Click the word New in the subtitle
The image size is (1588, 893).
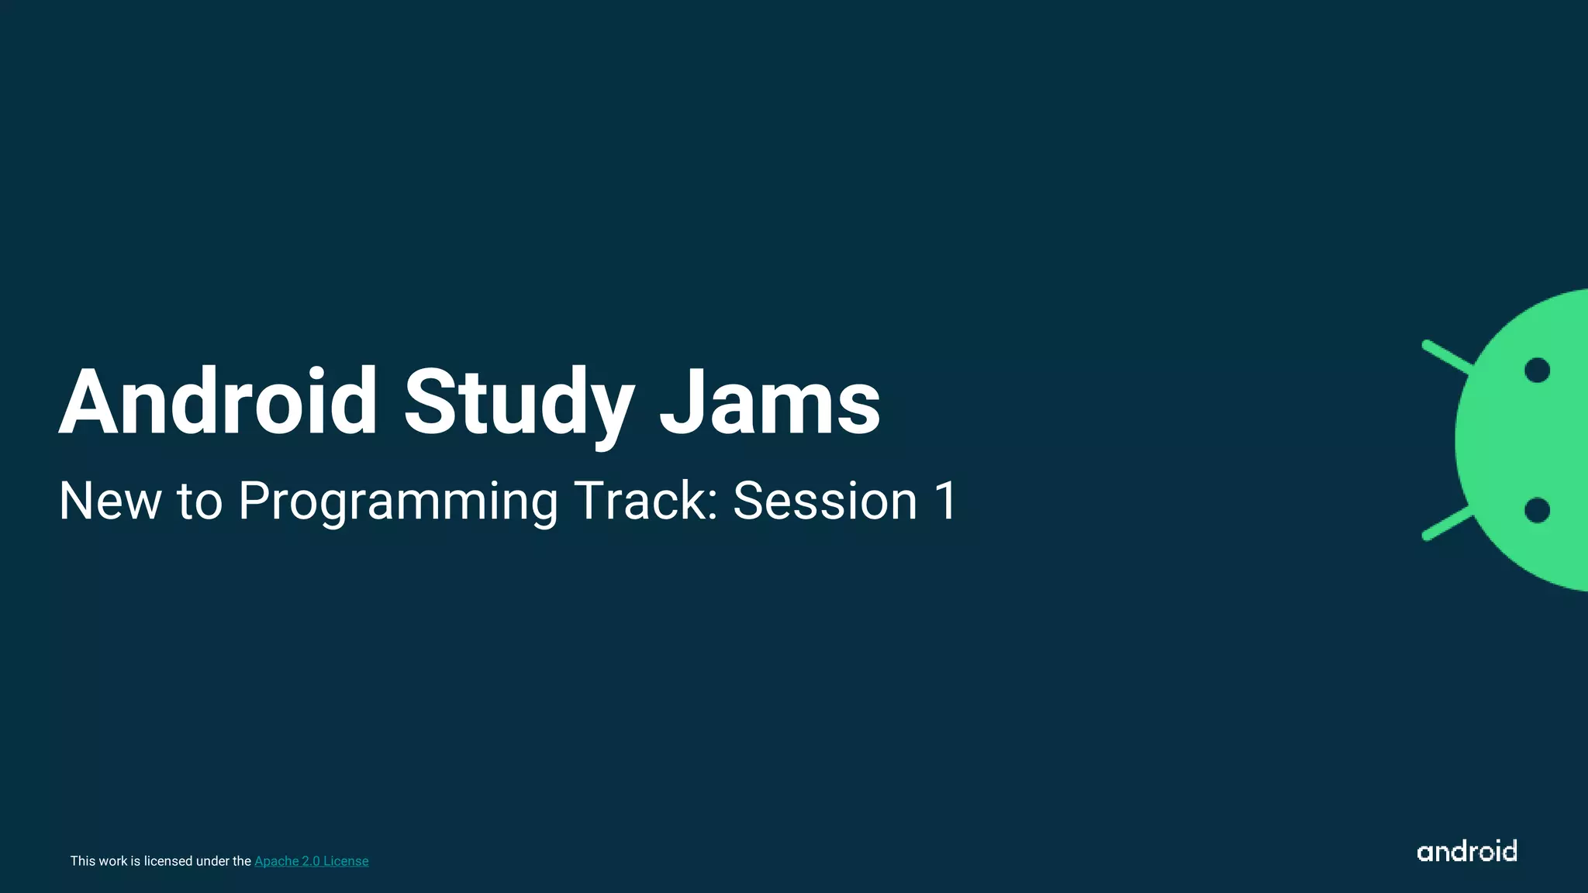109,501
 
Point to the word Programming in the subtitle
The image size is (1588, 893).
397,502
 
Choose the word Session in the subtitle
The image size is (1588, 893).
825,501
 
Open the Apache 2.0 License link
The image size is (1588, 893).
311,861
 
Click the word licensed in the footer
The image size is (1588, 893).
168,861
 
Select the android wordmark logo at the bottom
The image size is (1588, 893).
1466,851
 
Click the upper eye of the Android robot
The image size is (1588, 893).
1537,371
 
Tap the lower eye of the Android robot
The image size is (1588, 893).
1537,510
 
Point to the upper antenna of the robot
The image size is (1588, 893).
1445,357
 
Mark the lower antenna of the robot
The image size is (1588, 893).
1445,523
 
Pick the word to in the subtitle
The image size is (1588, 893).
199,501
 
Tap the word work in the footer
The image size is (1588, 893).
113,861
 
